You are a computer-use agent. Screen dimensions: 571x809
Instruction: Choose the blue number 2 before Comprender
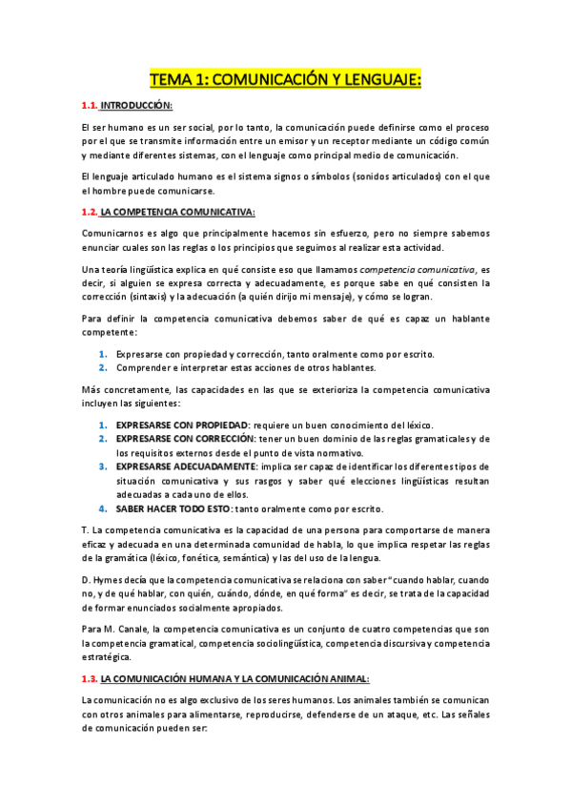point(103,367)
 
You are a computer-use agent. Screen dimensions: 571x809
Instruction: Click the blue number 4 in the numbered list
point(103,508)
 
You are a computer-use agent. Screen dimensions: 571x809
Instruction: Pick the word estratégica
point(112,657)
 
